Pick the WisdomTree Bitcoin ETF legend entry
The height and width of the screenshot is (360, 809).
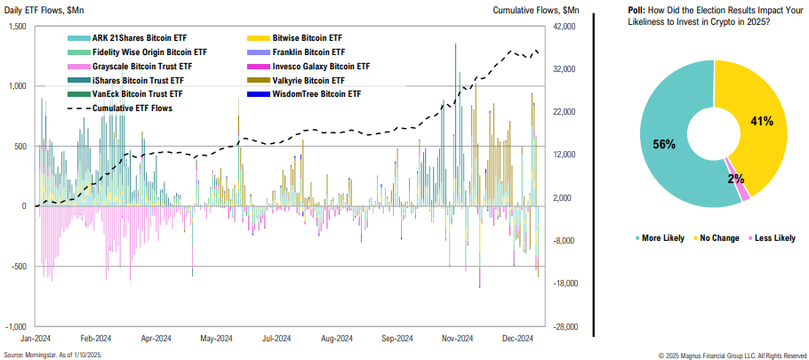(x=316, y=93)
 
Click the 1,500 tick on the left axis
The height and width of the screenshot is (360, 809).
(x=16, y=27)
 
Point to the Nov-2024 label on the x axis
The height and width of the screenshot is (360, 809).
(x=457, y=339)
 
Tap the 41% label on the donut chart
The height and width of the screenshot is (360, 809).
(x=761, y=120)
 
